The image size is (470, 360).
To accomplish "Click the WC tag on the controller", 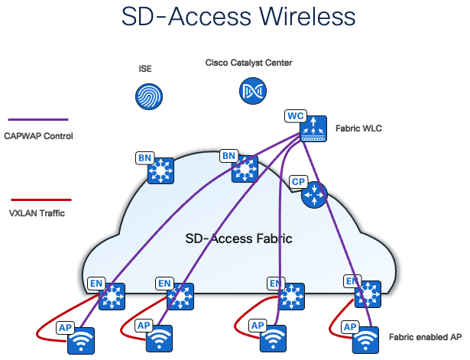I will pos(296,115).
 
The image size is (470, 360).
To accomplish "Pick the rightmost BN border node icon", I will pos(245,169).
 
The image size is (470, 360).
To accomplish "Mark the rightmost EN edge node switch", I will pos(369,293).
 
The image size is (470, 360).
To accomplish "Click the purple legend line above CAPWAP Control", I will pos(37,120).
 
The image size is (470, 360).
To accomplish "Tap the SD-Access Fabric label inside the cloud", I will pos(238,239).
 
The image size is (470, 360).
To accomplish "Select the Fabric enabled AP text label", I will pos(425,336).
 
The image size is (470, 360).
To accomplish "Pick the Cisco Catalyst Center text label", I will pos(248,63).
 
